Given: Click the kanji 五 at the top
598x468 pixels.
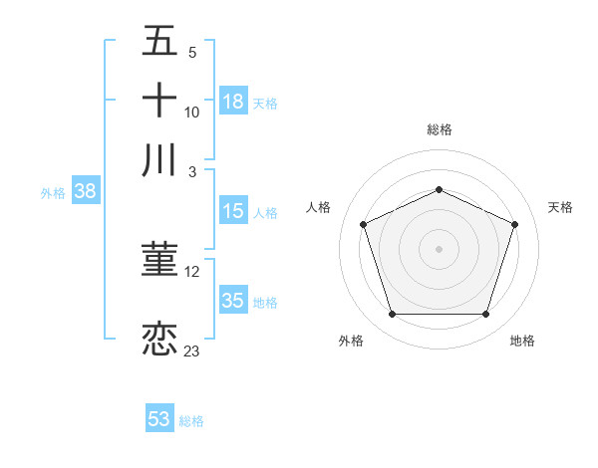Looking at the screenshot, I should point(160,44).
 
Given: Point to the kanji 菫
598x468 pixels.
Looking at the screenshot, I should point(160,261).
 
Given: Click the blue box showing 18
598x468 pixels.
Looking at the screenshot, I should point(233,102).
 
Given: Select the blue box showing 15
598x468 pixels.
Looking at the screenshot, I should point(233,211).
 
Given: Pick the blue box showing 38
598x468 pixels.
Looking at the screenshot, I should point(85,193).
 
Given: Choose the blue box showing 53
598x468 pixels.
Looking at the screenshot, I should point(159,419).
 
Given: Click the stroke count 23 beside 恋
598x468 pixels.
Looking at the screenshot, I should point(192,351).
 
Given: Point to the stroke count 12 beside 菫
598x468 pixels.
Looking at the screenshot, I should point(192,271).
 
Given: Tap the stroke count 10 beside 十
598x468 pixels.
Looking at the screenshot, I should point(192,113).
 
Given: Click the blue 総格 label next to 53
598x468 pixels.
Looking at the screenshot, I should point(191,421).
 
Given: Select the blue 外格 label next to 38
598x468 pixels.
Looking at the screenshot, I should point(52,194).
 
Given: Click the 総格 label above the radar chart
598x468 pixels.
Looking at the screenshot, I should point(440,129).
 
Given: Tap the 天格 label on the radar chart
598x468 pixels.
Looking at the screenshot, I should point(561,207).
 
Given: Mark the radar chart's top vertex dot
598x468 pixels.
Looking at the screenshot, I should point(440,189).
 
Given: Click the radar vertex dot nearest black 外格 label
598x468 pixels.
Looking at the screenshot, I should point(392,315).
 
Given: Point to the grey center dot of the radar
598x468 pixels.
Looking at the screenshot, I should point(440,248).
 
